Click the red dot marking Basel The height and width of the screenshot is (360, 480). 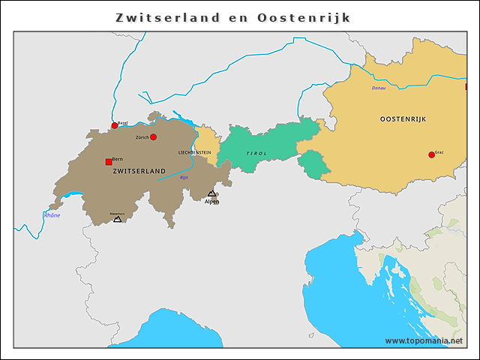tap(115, 125)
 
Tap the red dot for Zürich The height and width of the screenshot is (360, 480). tap(153, 137)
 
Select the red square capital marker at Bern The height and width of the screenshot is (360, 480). tap(109, 161)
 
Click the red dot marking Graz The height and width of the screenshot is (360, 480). tap(431, 154)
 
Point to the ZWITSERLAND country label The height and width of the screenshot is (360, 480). tap(139, 172)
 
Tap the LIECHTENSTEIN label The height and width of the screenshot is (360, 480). tap(194, 152)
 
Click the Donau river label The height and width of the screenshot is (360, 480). tap(379, 88)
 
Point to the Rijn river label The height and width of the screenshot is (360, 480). tap(184, 178)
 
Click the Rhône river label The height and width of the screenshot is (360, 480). tap(52, 215)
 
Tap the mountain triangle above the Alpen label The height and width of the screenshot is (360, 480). tap(211, 193)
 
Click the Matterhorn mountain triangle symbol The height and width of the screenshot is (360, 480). tap(117, 219)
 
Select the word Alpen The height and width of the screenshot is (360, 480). tap(212, 202)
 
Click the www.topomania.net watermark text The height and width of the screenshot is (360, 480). tap(424, 340)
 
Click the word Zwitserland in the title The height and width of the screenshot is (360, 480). tap(168, 16)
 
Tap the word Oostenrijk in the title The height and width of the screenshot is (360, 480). tap(304, 16)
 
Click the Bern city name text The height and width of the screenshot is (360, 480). tap(118, 159)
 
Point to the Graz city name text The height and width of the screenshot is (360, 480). tap(439, 152)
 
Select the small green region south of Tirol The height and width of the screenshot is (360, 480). tap(316, 164)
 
